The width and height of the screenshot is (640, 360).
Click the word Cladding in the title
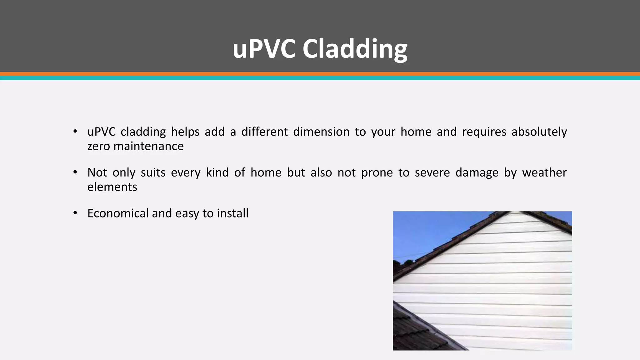355,49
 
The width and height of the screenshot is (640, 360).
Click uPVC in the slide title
264,49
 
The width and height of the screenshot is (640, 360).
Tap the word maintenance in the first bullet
148,146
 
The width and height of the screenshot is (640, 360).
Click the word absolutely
539,132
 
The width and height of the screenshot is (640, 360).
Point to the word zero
98,146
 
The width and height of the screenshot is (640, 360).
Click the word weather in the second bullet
544,172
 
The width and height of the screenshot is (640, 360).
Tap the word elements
112,187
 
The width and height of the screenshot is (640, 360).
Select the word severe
432,172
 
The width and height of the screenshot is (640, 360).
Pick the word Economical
118,213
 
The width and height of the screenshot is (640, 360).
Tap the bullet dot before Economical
75,213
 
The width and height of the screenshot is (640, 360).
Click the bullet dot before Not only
75,172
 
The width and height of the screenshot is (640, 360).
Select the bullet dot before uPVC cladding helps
75,131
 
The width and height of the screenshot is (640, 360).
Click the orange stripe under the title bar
320,74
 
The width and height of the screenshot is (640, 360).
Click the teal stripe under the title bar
320,78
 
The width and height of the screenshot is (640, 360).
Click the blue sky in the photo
428,231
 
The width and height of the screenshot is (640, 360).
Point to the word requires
484,132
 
